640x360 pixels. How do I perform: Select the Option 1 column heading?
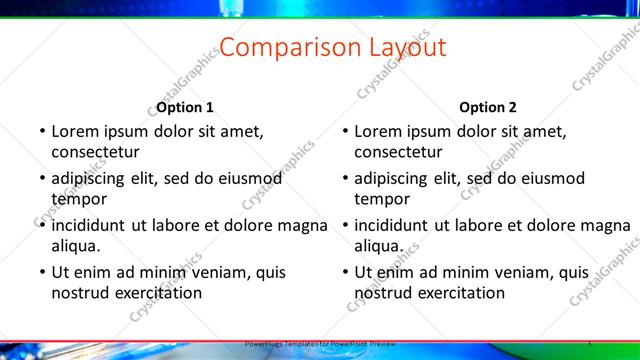tap(185, 107)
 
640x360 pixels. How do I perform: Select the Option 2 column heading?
tap(488, 107)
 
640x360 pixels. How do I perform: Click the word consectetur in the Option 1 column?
tap(95, 152)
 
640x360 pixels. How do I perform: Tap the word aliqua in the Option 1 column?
tap(75, 245)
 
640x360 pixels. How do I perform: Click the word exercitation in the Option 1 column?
tap(156, 292)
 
